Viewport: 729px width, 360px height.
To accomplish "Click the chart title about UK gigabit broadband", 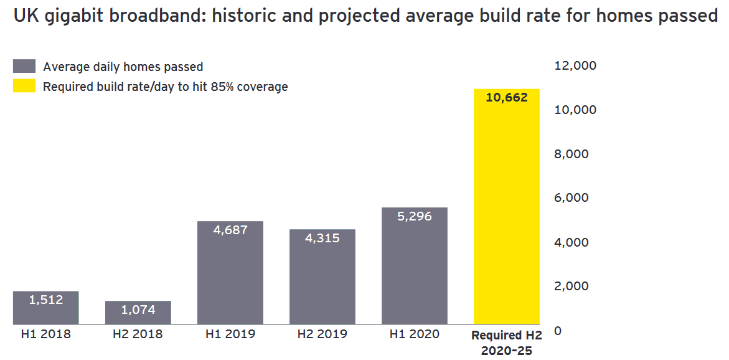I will tap(365, 16).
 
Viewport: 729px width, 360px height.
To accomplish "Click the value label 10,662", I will tap(507, 98).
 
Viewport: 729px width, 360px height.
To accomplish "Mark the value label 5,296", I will tap(414, 217).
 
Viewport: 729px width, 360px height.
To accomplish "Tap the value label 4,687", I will tap(230, 230).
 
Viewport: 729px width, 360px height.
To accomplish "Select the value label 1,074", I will tap(138, 310).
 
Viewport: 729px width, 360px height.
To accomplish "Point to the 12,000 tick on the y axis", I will tap(575, 66).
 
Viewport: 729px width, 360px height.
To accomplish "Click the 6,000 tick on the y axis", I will tap(571, 198).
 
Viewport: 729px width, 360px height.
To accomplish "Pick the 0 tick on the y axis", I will tap(557, 331).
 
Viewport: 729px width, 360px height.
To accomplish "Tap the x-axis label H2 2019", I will tap(322, 334).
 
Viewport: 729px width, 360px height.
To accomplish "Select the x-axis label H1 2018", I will tap(46, 334).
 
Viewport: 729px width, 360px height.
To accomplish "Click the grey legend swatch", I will tap(24, 67).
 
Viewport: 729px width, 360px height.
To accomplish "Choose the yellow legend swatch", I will tap(24, 87).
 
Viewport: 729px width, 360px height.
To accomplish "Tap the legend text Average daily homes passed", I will tap(123, 67).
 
